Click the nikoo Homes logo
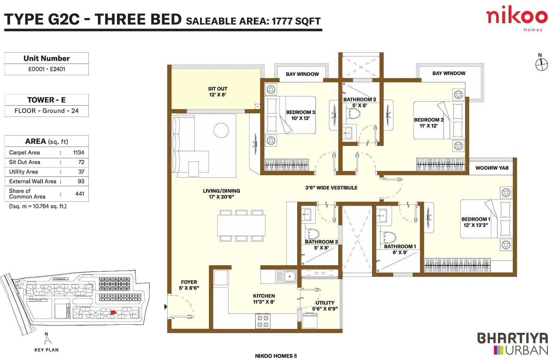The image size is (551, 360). point(517,18)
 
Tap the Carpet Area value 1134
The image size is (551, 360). point(79,153)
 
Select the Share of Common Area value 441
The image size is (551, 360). point(80,194)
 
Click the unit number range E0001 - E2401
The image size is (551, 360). point(47,69)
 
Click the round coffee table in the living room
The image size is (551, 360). point(221,130)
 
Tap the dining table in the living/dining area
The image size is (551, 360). point(241,225)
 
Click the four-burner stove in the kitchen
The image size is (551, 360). point(263,321)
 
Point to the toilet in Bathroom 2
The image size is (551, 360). point(353,113)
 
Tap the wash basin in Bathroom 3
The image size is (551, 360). point(307,214)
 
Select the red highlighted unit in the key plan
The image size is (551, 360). point(113,312)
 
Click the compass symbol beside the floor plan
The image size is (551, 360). point(541,65)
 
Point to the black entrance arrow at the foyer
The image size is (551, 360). point(166,307)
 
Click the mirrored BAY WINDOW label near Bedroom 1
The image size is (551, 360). point(492,168)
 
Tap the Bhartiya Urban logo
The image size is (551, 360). point(512,343)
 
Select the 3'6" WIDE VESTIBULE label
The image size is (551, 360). point(331,188)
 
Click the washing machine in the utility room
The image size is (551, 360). point(310,320)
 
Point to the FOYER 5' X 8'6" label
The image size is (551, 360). point(189,285)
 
